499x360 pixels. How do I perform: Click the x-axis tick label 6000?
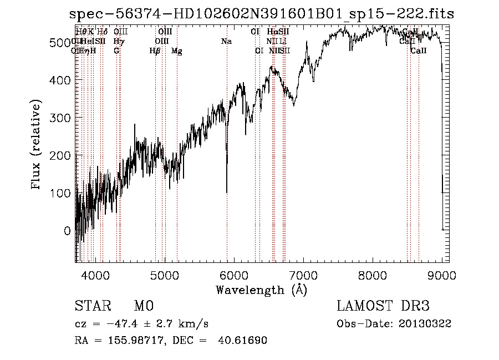tap(233, 275)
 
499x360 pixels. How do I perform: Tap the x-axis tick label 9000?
tap(442, 275)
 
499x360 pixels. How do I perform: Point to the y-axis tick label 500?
tap(59, 43)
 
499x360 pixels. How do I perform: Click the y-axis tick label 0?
tap(67, 231)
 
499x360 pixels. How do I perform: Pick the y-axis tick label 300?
tap(59, 118)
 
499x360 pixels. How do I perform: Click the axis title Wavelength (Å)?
tap(261, 290)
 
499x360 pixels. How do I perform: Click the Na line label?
tap(226, 42)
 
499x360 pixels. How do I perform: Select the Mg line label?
tap(177, 51)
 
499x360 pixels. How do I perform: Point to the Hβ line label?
tap(155, 51)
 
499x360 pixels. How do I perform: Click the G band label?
tap(116, 51)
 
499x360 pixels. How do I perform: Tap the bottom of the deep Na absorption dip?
tap(227, 191)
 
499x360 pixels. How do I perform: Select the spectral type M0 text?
tap(143, 306)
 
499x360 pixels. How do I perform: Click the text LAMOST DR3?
tap(383, 306)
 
